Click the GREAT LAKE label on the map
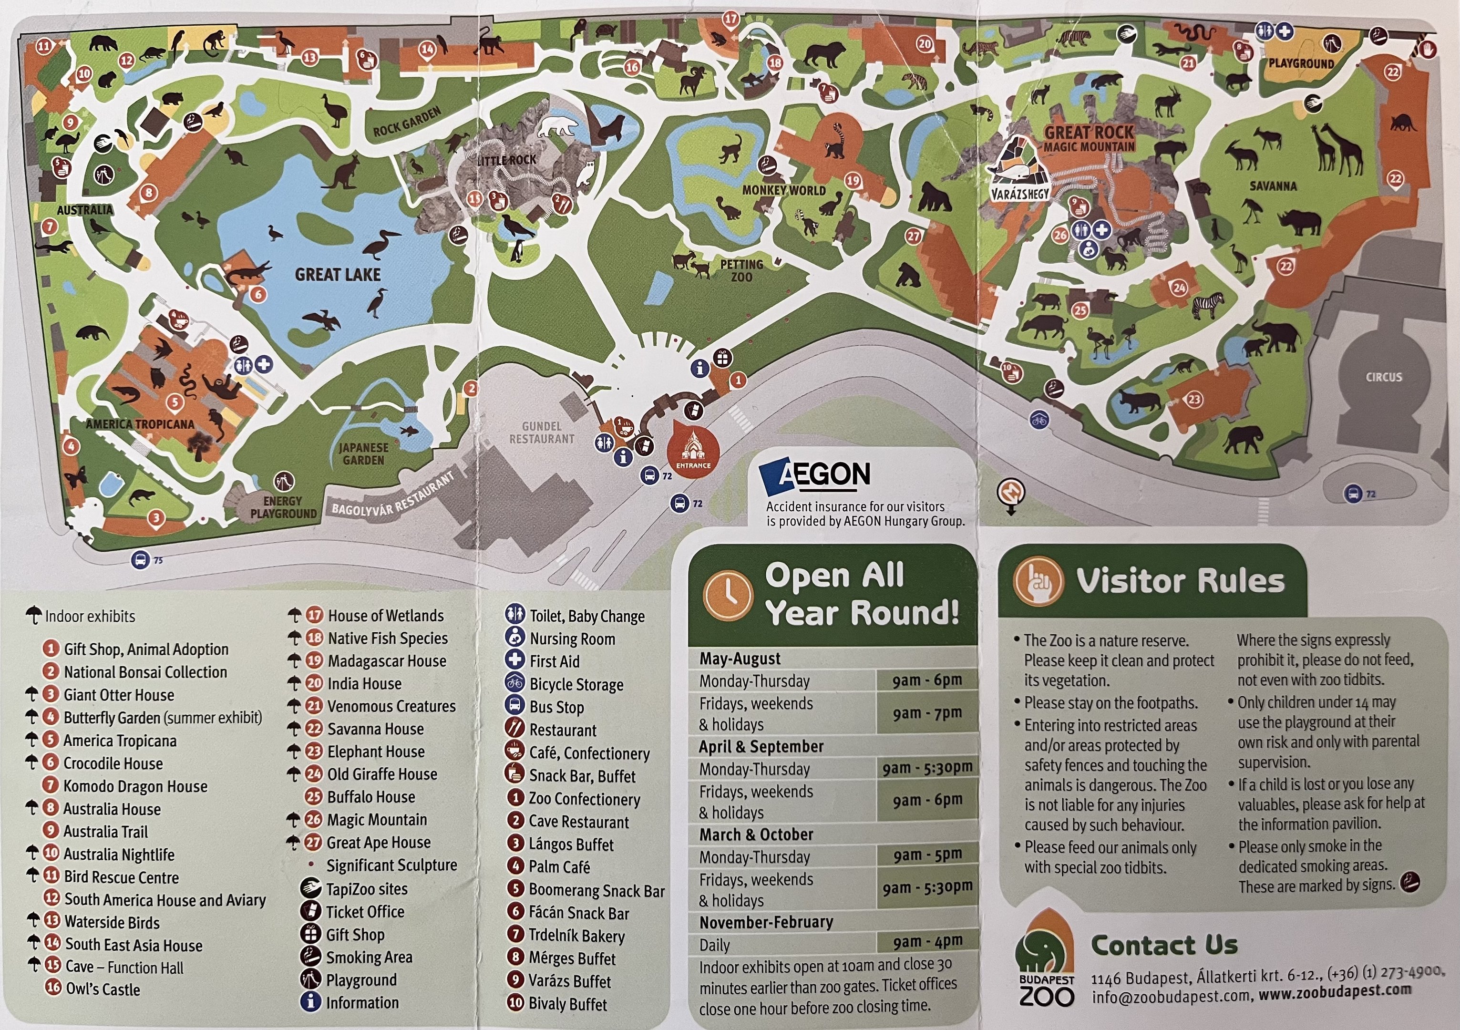[338, 275]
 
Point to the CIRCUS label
[1384, 377]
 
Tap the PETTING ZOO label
[741, 270]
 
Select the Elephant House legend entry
[375, 752]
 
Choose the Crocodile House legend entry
[113, 763]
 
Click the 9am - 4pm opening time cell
[927, 941]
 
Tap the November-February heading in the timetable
[766, 922]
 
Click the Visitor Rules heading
[1180, 581]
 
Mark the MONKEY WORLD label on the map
[784, 190]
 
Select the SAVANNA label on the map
[1273, 186]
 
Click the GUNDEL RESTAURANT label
[542, 433]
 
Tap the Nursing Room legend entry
[572, 639]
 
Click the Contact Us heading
[1164, 946]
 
